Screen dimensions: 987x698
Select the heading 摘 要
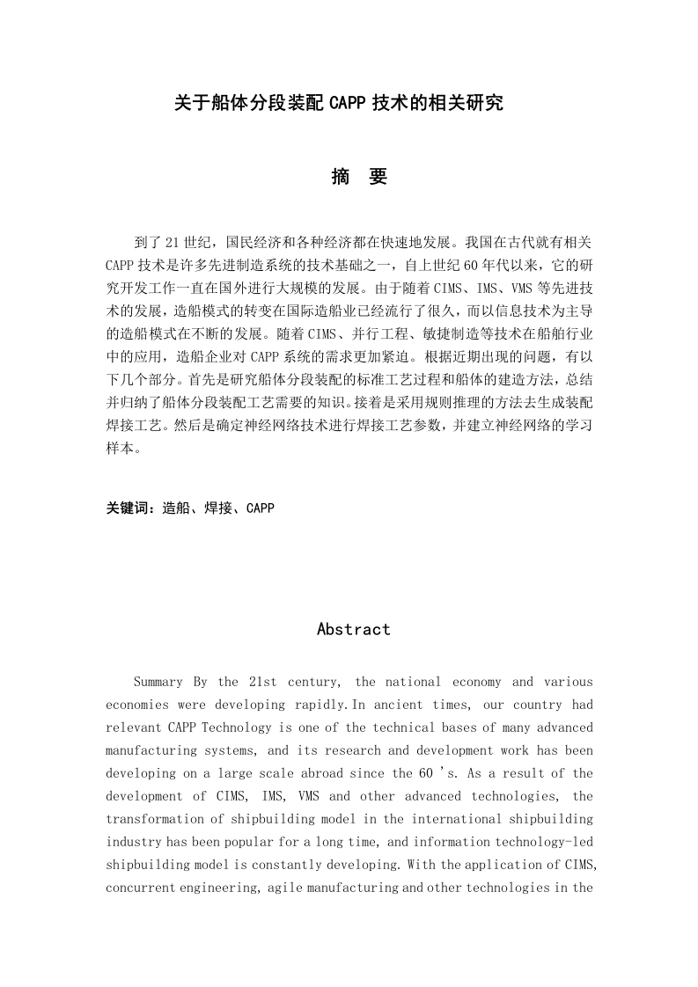(359, 177)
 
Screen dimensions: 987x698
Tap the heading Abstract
(353, 629)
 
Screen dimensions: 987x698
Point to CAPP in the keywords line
(261, 508)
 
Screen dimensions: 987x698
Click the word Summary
(158, 682)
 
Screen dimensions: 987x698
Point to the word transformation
(151, 819)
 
